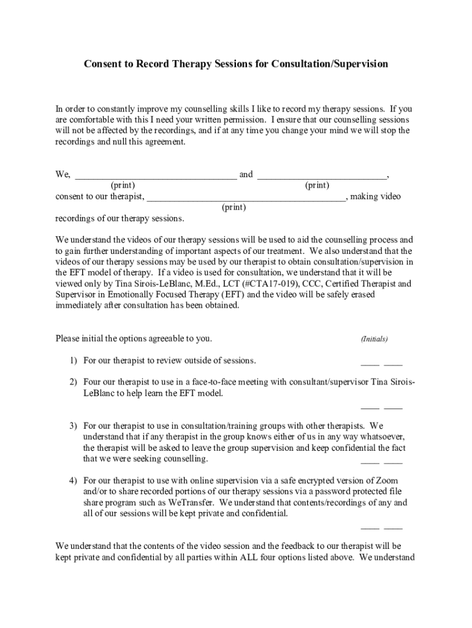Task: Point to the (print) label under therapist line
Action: (x=234, y=207)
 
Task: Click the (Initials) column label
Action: (x=374, y=339)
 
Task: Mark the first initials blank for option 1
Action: (x=370, y=364)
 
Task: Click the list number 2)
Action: (x=72, y=382)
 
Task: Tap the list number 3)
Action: (x=72, y=426)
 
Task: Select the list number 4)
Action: (x=72, y=481)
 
